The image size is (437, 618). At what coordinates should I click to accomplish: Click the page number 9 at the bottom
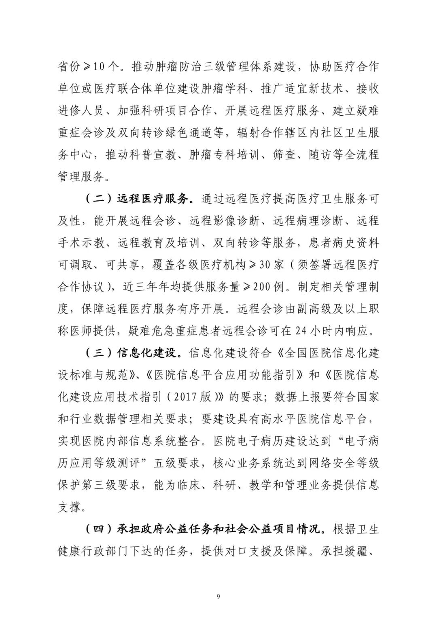pos(218,596)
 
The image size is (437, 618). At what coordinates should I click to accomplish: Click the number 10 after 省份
pos(99,66)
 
